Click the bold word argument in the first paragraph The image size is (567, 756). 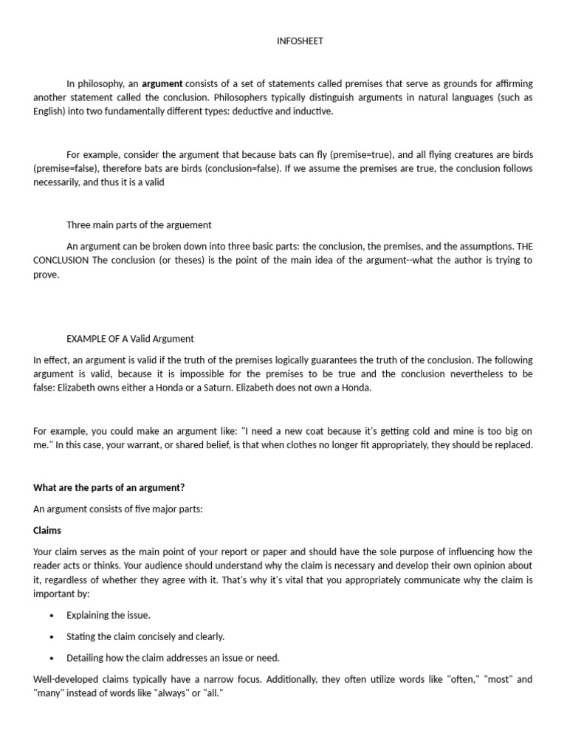pyautogui.click(x=162, y=83)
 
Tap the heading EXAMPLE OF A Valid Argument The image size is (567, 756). pyautogui.click(x=130, y=339)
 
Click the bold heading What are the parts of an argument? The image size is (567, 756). pyautogui.click(x=109, y=487)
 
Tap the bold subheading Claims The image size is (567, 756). pyautogui.click(x=47, y=530)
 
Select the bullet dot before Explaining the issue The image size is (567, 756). pyautogui.click(x=51, y=615)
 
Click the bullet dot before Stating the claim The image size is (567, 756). pyautogui.click(x=51, y=636)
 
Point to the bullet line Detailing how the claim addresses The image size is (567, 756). pyautogui.click(x=173, y=658)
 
